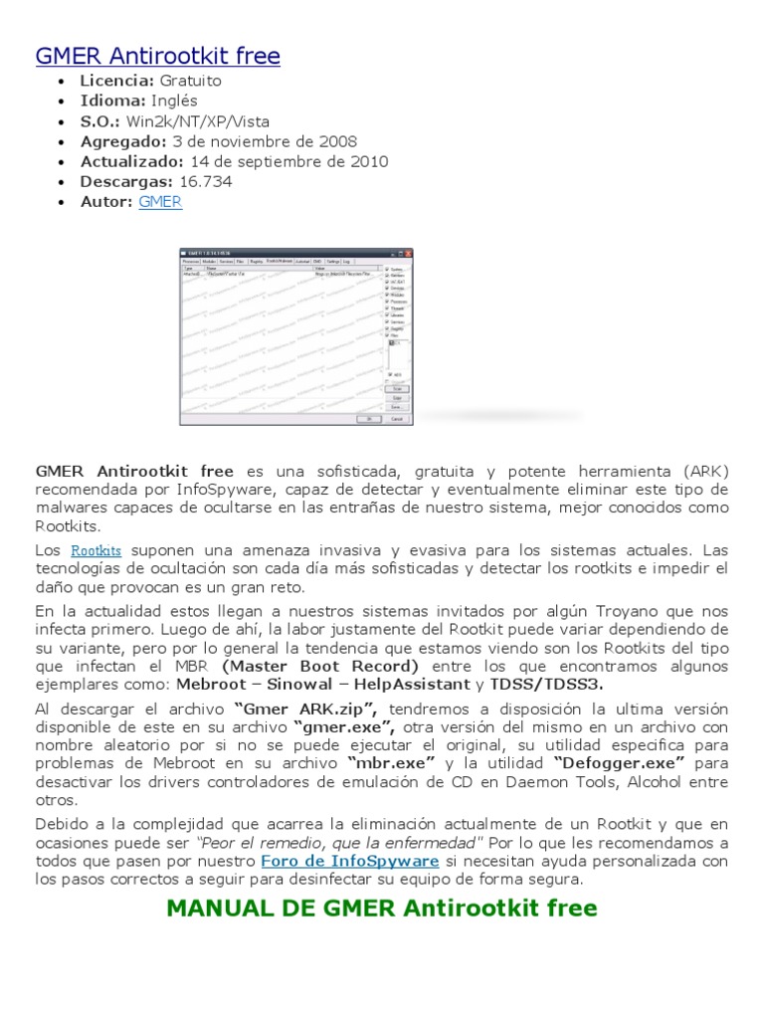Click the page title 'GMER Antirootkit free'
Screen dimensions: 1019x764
pos(157,57)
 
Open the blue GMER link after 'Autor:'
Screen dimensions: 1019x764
pos(160,202)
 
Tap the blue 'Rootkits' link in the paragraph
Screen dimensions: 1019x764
pos(95,550)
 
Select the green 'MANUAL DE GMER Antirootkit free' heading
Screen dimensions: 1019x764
pos(382,908)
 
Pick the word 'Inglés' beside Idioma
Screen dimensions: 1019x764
pos(175,101)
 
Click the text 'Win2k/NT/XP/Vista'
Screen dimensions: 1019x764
pos(212,121)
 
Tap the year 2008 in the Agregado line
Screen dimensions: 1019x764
pos(337,141)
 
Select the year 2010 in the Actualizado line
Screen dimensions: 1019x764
pos(368,161)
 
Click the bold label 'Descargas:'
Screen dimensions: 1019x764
pos(128,182)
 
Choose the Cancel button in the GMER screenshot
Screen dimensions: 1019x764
pos(396,419)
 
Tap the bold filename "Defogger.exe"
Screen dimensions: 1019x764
pos(621,763)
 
